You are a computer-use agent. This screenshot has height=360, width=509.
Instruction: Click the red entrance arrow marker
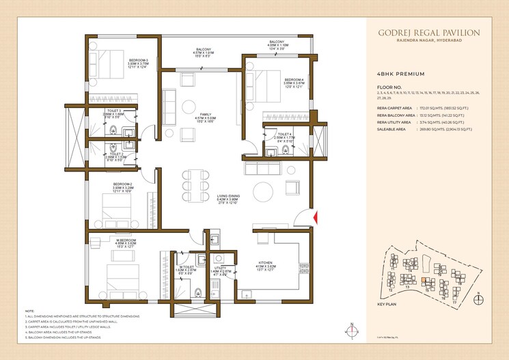pos(315,217)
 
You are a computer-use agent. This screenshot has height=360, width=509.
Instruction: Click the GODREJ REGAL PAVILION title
pos(429,32)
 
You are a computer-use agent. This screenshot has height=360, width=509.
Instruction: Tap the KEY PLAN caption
pos(388,304)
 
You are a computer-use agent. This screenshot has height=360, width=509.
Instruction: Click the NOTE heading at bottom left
pos(29,311)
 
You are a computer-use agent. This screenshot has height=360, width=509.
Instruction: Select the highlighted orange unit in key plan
pos(425,279)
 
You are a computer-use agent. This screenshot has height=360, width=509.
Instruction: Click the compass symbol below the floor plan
pos(350,331)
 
